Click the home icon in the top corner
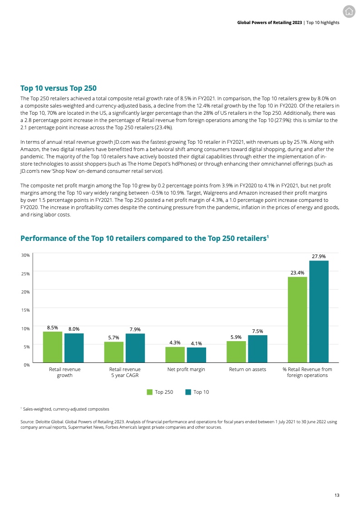349,12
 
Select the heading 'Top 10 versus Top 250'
59,88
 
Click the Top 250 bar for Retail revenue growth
53,347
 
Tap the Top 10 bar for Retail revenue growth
74,348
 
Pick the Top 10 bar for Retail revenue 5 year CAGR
135,348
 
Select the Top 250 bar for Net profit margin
175,355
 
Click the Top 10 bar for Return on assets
257,349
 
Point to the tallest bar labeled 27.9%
319,312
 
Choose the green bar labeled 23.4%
297,320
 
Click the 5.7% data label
113,337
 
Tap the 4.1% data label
196,343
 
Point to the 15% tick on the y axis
25,310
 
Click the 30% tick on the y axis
25,255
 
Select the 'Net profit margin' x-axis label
186,369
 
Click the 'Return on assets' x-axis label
247,369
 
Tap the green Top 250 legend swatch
149,392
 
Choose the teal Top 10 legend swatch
188,392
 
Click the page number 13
336,495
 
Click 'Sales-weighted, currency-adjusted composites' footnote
66,409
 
